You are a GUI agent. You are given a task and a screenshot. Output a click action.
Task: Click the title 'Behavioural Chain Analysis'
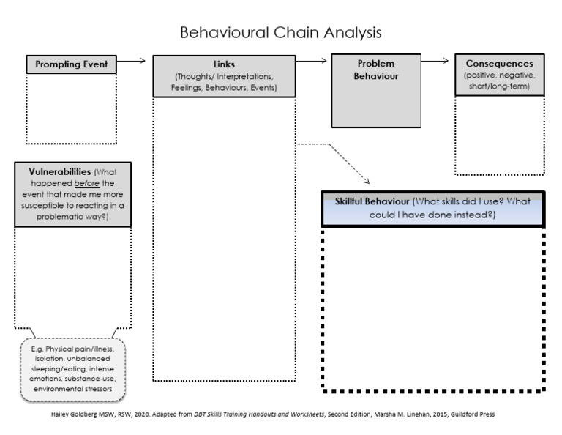point(281,34)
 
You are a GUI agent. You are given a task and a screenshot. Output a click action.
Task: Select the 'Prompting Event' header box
point(71,64)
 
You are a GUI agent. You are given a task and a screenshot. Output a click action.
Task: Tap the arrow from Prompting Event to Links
point(132,62)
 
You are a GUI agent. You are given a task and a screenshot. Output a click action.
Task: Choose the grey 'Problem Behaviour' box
point(377,91)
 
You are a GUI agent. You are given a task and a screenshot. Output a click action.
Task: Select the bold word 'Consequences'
point(500,64)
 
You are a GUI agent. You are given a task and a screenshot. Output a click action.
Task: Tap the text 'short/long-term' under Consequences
point(500,86)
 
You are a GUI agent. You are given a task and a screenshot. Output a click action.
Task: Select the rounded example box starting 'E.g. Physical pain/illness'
point(72,370)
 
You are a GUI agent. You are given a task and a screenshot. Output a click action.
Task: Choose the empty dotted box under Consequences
point(500,135)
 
